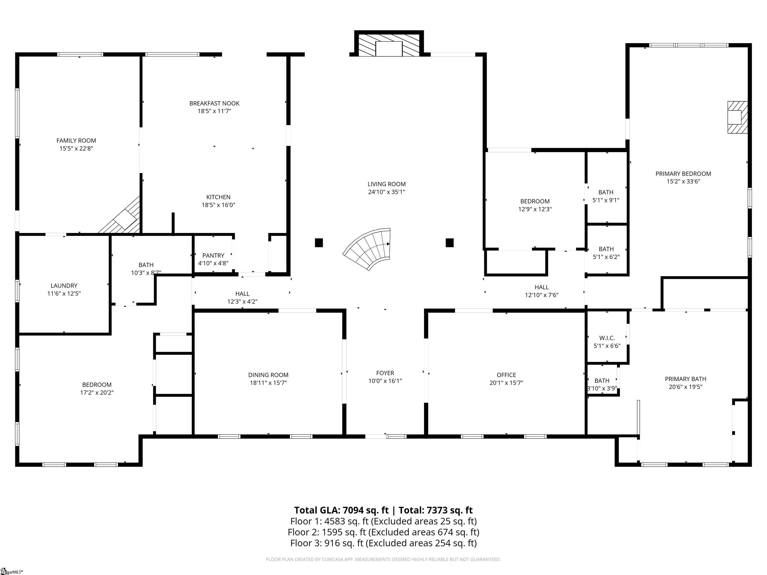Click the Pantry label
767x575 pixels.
click(213, 256)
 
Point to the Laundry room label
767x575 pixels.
click(64, 286)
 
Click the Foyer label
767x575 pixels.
click(385, 373)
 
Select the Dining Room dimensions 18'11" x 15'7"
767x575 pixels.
click(268, 383)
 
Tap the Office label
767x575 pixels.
click(506, 375)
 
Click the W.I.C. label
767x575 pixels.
click(607, 338)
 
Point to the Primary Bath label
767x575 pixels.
click(686, 379)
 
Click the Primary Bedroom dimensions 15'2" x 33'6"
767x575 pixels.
click(683, 181)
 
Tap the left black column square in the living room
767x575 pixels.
click(319, 243)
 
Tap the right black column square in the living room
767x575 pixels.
click(449, 243)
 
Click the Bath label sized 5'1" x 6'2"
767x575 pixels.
click(606, 249)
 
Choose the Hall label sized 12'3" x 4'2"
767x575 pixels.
click(242, 293)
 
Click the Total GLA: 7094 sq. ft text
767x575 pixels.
click(341, 510)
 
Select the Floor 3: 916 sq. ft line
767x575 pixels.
click(383, 543)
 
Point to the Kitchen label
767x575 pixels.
click(218, 197)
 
